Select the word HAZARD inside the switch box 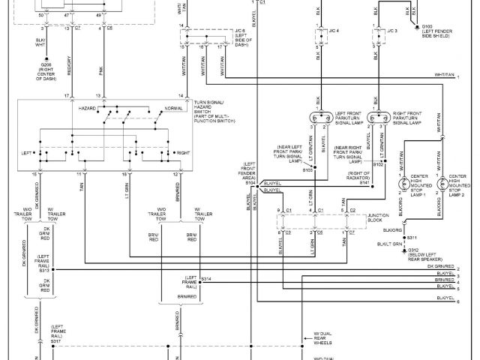coord(88,109)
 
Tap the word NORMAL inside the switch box coord(173,109)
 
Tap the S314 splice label coord(206,280)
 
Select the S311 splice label coord(411,238)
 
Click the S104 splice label coord(250,181)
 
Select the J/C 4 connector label coord(334,31)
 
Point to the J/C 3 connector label coord(390,31)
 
